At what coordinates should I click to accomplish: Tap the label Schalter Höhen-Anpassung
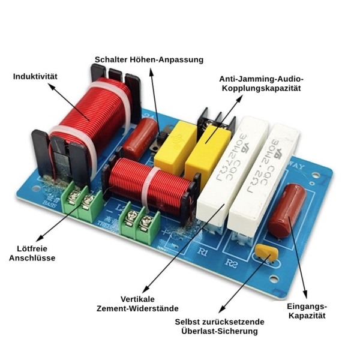tap(149, 59)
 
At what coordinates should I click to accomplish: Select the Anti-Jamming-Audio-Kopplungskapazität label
tap(261, 83)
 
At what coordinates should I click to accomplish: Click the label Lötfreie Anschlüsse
tap(32, 253)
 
